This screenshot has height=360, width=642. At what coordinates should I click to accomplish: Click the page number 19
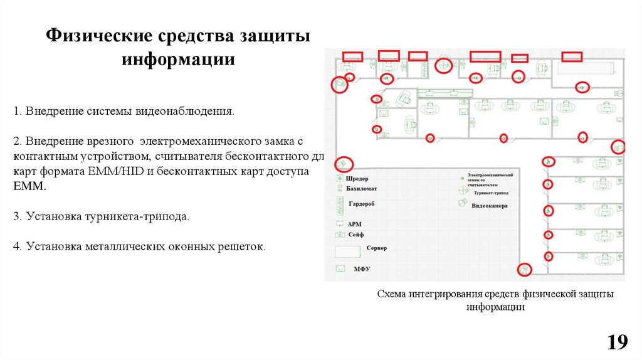(x=617, y=342)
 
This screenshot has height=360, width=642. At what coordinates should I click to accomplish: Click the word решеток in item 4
(x=241, y=246)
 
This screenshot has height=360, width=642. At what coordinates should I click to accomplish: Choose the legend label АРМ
(x=354, y=223)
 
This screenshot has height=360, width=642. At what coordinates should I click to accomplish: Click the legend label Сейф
(x=355, y=234)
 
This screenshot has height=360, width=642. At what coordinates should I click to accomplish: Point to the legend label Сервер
(x=377, y=248)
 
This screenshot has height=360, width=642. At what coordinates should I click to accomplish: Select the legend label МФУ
(x=362, y=269)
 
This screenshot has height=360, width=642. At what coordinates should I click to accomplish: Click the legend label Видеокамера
(x=490, y=206)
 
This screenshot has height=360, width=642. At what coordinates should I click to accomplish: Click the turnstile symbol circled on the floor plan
(x=443, y=65)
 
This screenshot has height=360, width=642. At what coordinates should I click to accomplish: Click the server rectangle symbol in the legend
(x=347, y=252)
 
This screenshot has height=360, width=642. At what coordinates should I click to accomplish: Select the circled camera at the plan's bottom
(x=523, y=269)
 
